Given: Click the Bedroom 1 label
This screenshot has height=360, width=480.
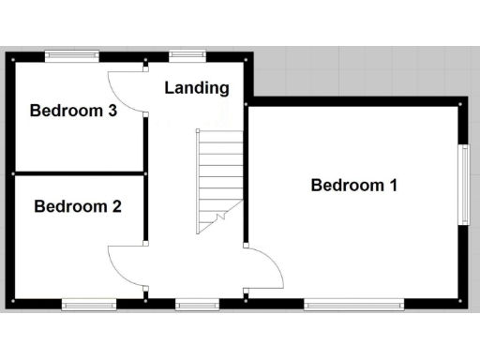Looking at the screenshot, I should (354, 185).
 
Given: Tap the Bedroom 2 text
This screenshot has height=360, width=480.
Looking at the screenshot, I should (77, 206).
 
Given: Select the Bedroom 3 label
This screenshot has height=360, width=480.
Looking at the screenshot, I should (73, 111).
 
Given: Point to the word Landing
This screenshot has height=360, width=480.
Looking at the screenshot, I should (197, 88).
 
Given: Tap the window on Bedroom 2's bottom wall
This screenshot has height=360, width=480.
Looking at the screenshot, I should (89, 303).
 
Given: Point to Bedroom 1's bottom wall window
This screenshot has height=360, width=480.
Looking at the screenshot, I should (353, 303).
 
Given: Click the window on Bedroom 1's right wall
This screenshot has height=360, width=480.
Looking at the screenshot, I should (463, 185).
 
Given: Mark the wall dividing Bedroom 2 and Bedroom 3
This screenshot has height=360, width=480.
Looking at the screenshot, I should (79, 173).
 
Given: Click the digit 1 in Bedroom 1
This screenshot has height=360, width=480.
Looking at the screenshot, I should (393, 185).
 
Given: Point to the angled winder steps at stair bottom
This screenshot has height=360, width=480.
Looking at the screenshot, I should (215, 221).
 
